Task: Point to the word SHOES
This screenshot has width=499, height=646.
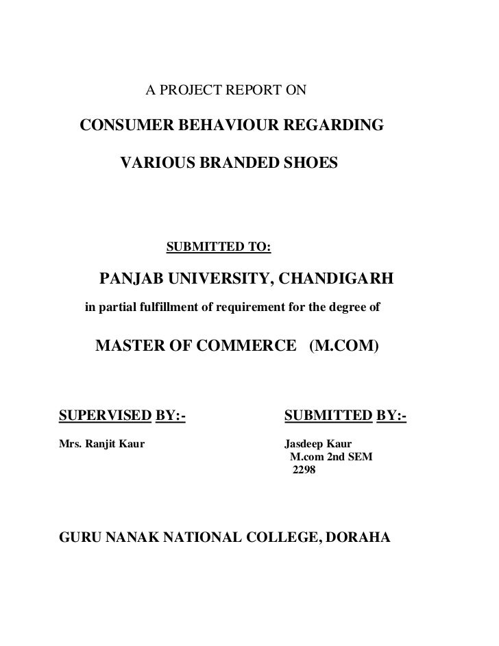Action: coord(312,164)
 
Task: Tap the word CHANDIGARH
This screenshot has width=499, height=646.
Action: coord(335,279)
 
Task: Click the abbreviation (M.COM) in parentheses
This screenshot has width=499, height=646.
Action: coord(343,347)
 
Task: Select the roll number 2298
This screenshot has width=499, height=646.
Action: coord(304,471)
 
